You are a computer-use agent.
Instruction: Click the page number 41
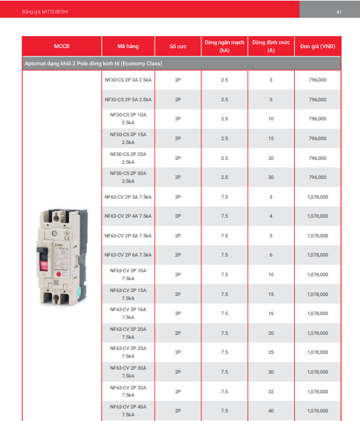(338, 12)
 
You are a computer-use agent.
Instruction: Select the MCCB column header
(61, 47)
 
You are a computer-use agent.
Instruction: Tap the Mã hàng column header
(128, 47)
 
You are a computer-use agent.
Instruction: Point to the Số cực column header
(178, 47)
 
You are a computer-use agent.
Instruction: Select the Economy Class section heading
(93, 64)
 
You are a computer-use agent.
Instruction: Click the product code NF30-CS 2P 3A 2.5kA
(128, 80)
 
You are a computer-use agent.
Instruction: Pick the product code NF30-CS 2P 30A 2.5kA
(128, 177)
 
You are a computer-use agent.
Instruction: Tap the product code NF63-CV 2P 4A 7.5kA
(128, 216)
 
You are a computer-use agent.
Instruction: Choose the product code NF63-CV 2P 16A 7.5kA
(128, 313)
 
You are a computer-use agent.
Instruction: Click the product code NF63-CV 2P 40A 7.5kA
(128, 410)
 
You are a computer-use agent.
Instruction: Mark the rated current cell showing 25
(270, 353)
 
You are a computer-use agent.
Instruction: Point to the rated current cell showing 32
(270, 391)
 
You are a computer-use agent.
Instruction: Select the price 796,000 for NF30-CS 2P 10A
(317, 119)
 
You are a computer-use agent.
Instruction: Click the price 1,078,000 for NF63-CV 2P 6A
(317, 255)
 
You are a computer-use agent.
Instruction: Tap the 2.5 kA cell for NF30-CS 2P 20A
(224, 158)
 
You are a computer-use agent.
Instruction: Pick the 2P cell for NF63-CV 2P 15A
(178, 294)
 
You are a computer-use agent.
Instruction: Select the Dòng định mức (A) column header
(271, 46)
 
